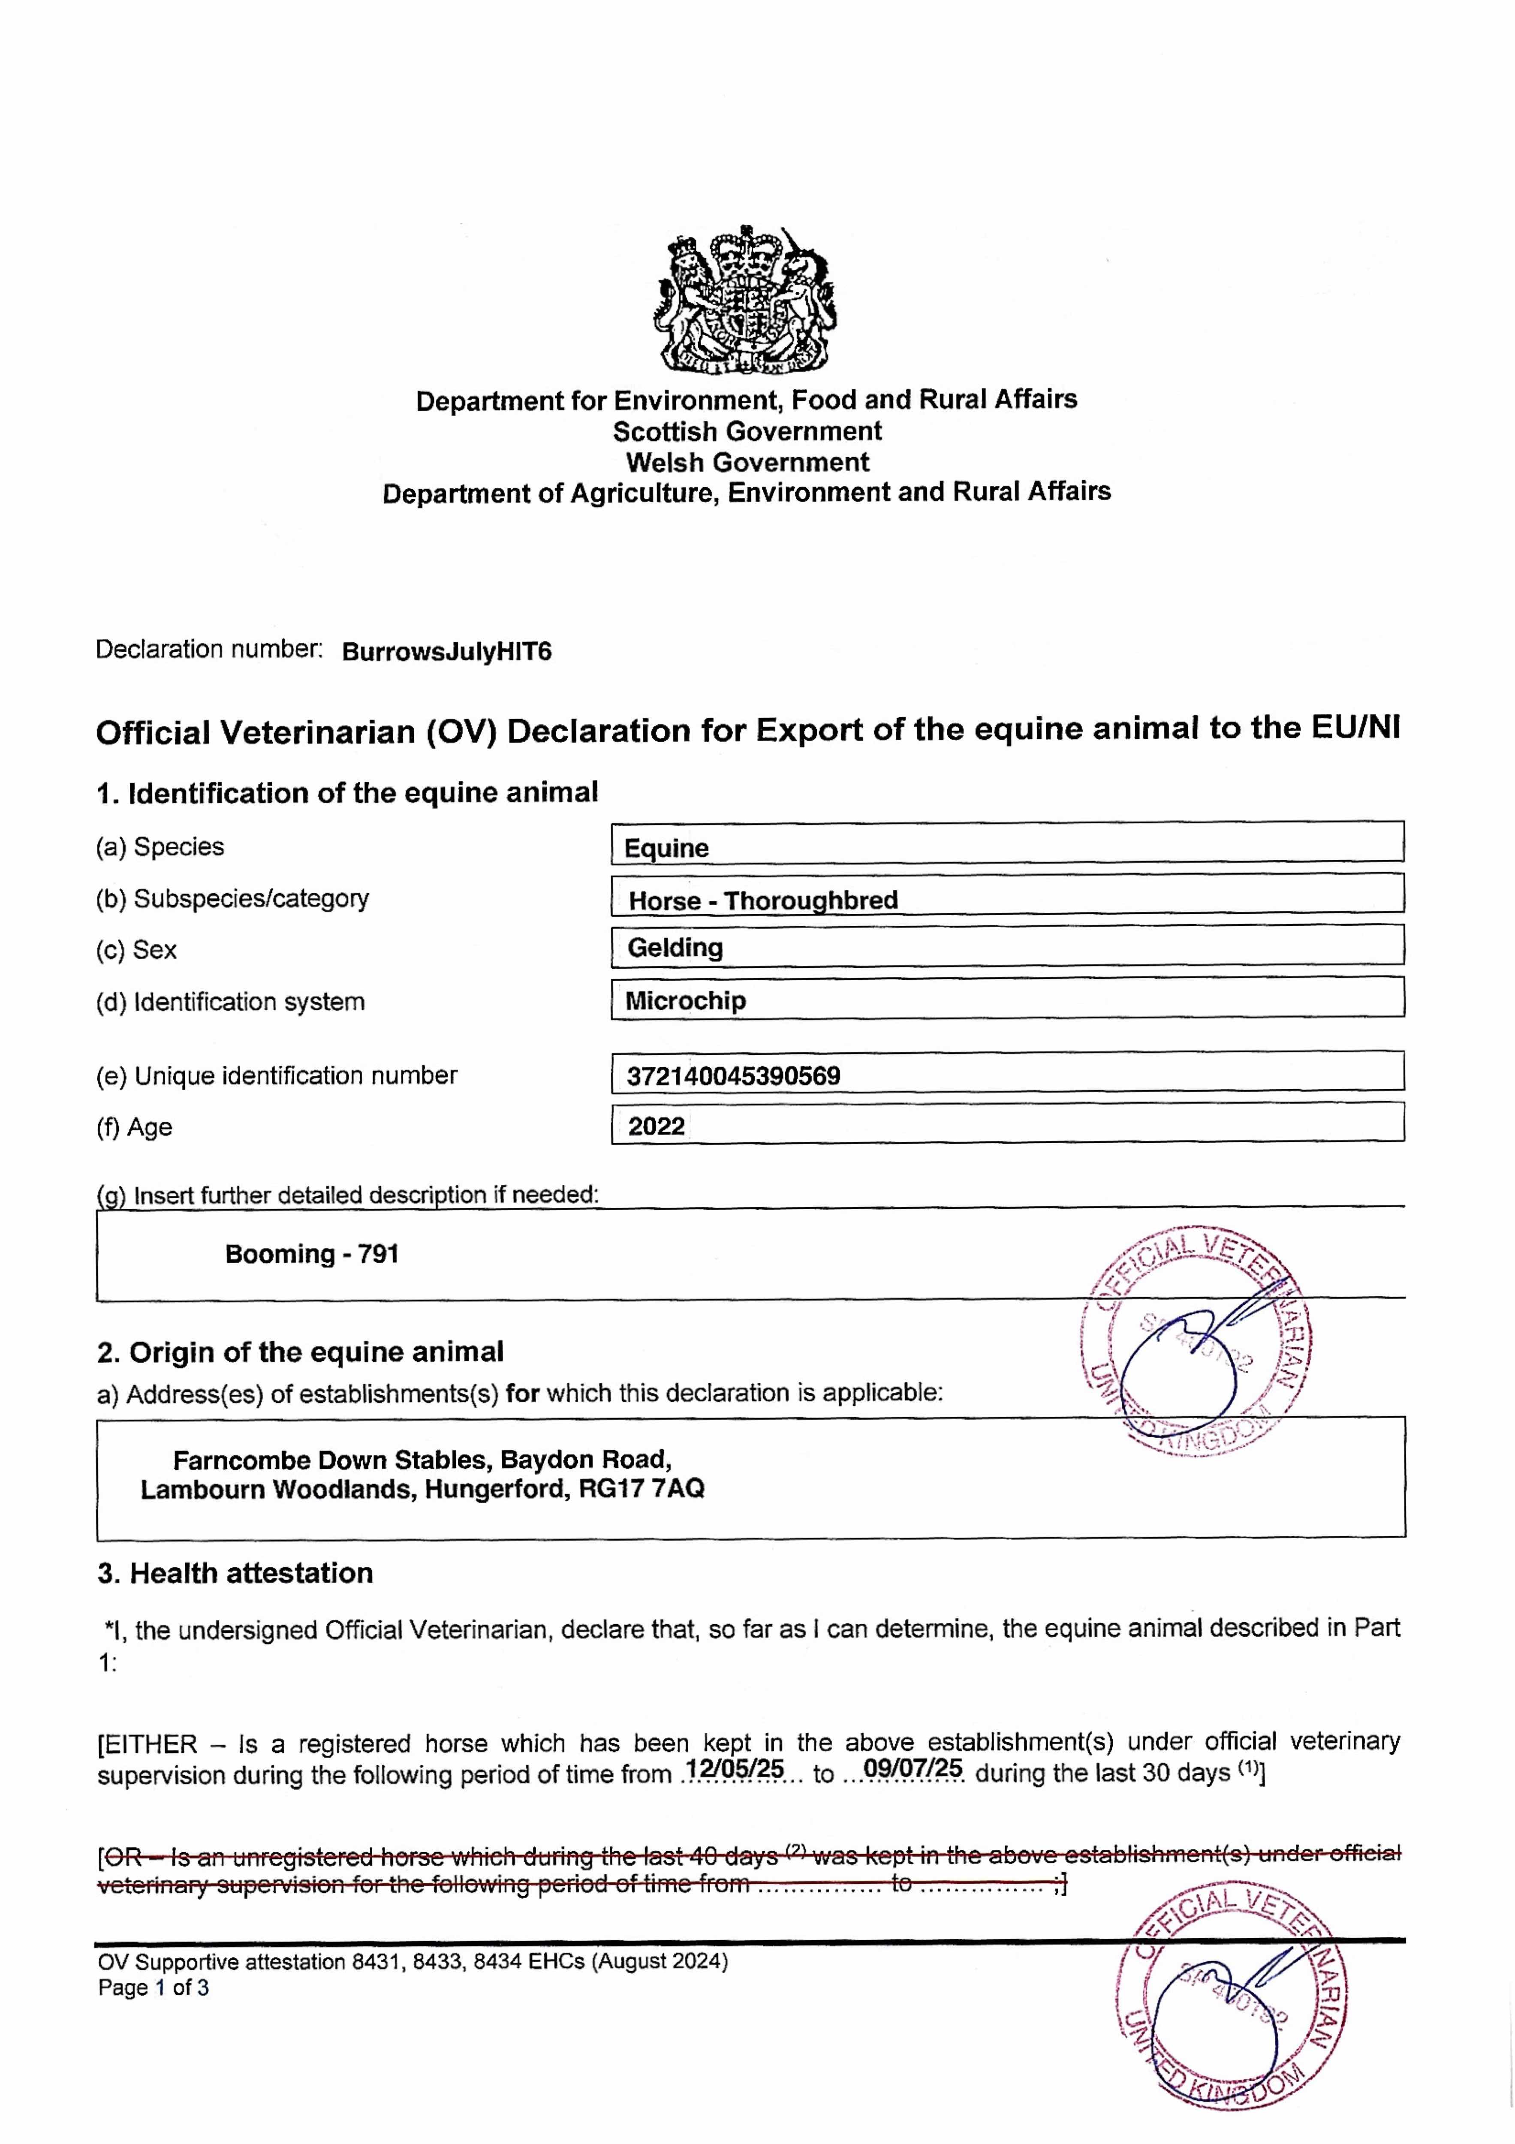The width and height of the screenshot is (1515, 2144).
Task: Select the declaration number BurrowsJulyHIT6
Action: click(x=446, y=652)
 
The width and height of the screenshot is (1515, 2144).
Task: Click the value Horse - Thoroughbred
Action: click(x=763, y=900)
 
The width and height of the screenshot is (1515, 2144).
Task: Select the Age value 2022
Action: click(x=657, y=1126)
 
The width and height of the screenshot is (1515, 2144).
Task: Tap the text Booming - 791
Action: click(x=312, y=1254)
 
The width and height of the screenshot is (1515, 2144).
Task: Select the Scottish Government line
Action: click(x=747, y=431)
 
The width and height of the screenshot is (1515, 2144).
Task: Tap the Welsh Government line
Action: click(x=747, y=462)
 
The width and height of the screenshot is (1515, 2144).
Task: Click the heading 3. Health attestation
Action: click(x=235, y=1573)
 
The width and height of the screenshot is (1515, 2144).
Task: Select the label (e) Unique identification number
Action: click(x=277, y=1076)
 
